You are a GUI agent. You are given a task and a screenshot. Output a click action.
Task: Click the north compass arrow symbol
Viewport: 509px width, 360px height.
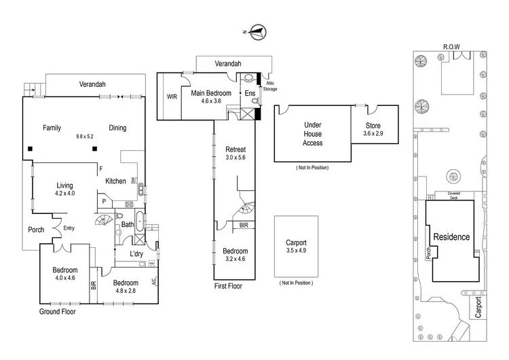click(x=257, y=31)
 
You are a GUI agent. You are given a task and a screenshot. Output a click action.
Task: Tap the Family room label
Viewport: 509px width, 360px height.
click(x=52, y=128)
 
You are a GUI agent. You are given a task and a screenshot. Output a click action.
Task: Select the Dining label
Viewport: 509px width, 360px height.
click(x=117, y=128)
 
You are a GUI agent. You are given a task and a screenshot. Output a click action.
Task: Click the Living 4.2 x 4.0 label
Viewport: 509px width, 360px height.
click(x=64, y=190)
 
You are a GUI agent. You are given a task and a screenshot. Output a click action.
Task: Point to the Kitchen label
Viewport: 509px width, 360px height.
click(x=116, y=181)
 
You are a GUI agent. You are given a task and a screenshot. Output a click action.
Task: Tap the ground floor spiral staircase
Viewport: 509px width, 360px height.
click(x=103, y=221)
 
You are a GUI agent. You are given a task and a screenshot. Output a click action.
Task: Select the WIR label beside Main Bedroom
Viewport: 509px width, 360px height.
click(x=172, y=96)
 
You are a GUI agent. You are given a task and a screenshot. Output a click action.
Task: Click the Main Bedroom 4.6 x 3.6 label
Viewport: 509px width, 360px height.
click(x=210, y=97)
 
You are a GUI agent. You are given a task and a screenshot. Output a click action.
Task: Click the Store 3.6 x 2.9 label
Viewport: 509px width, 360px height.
click(x=373, y=130)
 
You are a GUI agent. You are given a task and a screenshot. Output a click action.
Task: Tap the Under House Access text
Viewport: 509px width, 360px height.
click(x=313, y=134)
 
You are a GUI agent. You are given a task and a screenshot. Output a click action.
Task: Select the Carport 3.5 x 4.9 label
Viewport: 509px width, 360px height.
click(x=296, y=246)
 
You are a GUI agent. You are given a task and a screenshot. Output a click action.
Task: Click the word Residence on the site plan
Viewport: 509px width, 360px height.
click(x=451, y=237)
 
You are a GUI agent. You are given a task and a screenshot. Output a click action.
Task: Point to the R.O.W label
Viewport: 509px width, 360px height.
click(x=452, y=46)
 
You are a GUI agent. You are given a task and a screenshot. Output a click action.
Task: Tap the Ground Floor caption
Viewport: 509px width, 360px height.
click(x=57, y=312)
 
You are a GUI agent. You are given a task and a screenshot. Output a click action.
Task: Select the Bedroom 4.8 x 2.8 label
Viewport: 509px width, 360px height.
click(x=126, y=287)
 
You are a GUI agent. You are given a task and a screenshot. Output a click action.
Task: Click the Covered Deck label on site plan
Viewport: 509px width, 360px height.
click(x=453, y=195)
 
